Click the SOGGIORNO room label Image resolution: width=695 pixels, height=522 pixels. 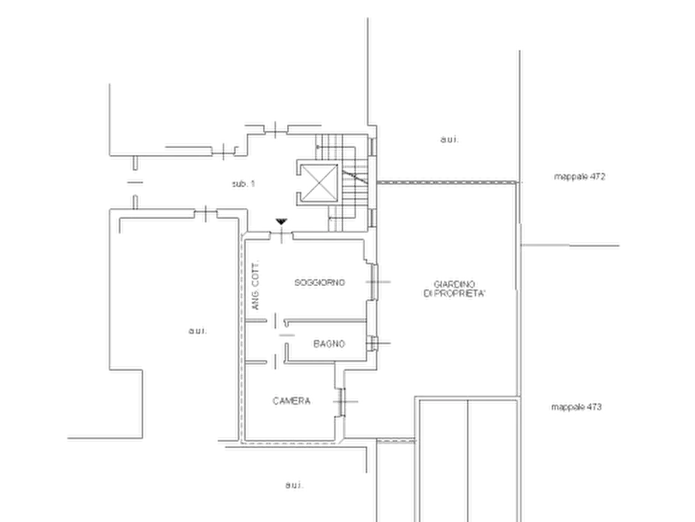(320, 282)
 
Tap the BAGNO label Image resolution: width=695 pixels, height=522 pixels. (329, 344)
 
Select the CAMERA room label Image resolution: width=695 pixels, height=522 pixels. (291, 400)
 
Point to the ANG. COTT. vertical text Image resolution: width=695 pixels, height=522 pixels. (255, 285)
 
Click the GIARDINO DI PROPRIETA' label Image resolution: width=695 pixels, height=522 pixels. (455, 288)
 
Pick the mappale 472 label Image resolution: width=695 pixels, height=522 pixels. (579, 176)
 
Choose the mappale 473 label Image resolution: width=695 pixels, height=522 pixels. (576, 407)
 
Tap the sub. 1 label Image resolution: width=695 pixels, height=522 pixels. (244, 184)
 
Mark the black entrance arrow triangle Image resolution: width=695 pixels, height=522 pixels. (281, 221)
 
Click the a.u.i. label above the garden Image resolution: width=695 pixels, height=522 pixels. (449, 139)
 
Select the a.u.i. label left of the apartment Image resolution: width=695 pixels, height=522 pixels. (198, 330)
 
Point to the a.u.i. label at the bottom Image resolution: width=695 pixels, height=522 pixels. (294, 485)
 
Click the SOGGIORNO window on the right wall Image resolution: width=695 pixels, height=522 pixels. (374, 282)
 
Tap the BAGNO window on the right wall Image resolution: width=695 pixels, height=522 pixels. (372, 343)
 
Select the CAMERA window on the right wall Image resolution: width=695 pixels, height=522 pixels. (342, 402)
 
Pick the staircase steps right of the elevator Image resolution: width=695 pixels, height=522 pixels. (355, 183)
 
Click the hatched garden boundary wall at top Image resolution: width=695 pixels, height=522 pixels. (447, 182)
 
